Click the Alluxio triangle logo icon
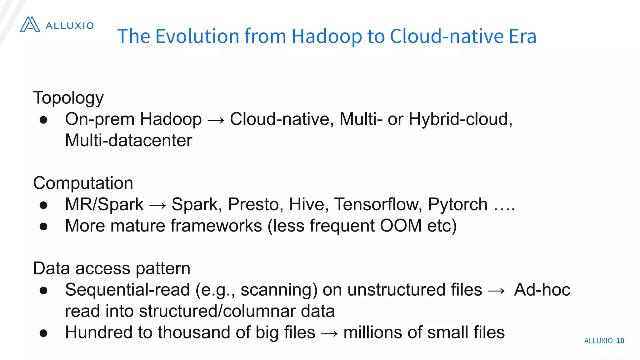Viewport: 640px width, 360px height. [x=30, y=24]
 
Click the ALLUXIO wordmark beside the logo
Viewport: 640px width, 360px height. [x=70, y=26]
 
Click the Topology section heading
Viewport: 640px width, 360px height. [x=68, y=98]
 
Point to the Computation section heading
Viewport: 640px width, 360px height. [x=83, y=183]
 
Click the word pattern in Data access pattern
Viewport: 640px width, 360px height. [x=163, y=268]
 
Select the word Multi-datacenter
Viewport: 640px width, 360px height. [x=128, y=140]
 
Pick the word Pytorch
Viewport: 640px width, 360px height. [x=457, y=205]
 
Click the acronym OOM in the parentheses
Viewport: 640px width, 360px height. [x=401, y=226]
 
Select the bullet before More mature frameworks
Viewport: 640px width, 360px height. [x=43, y=226]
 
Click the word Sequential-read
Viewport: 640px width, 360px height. [x=127, y=290]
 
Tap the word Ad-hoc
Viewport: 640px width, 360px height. [x=542, y=290]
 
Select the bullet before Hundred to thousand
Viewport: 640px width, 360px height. [x=43, y=333]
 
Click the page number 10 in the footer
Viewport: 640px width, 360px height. [x=620, y=341]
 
